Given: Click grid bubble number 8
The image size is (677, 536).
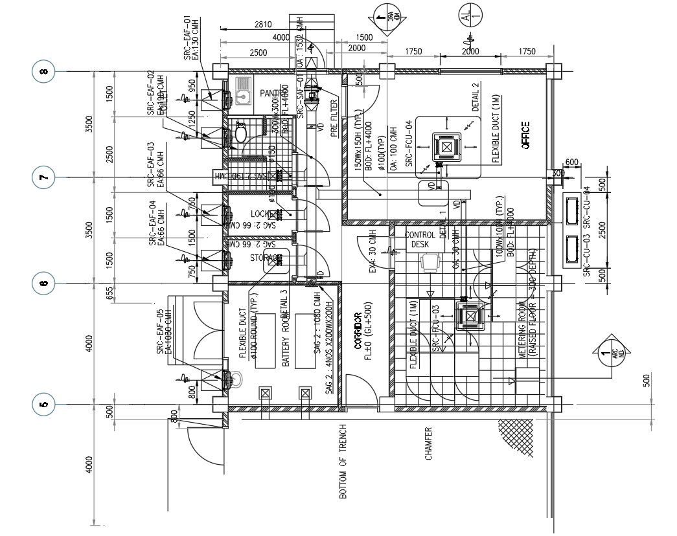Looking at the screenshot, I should pyautogui.click(x=44, y=71).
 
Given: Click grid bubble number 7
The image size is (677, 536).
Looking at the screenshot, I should pyautogui.click(x=44, y=177).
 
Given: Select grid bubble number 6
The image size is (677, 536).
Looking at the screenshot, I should pyautogui.click(x=44, y=283).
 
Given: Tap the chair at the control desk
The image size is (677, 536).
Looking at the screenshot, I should pyautogui.click(x=428, y=262).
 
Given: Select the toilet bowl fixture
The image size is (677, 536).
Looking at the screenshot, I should pyautogui.click(x=240, y=133).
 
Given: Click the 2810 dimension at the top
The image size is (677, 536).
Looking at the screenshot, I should pyautogui.click(x=262, y=25).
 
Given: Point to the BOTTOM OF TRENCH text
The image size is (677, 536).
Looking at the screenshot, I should pyautogui.click(x=343, y=462).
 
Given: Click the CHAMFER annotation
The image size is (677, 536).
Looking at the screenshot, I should pyautogui.click(x=428, y=443).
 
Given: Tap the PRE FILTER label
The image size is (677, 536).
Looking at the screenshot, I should pyautogui.click(x=335, y=117).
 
